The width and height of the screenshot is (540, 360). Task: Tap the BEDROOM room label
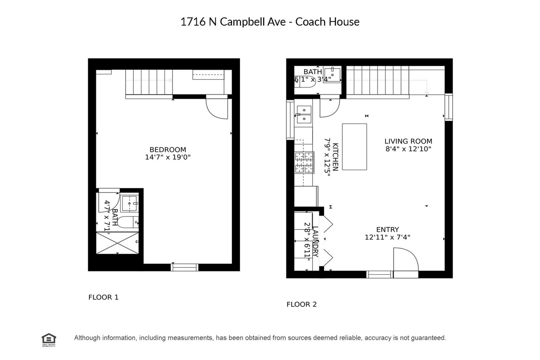click(168, 150)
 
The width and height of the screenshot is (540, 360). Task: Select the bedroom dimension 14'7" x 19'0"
click(168, 157)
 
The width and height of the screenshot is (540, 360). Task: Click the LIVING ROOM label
click(408, 141)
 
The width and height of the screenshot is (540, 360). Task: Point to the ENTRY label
click(387, 230)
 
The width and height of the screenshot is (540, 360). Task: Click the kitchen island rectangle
click(354, 146)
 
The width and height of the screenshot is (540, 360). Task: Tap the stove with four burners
click(304, 162)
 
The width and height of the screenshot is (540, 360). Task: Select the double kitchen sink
click(303, 114)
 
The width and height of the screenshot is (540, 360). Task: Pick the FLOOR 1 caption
click(103, 297)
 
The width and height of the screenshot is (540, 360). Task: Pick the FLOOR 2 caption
click(301, 304)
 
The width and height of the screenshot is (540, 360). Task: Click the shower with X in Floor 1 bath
click(118, 243)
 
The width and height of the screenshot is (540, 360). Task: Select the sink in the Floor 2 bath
click(332, 75)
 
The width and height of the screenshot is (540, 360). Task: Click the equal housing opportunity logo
click(49, 339)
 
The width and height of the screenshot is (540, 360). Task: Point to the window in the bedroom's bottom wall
click(184, 267)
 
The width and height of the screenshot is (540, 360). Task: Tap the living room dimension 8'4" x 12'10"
click(408, 149)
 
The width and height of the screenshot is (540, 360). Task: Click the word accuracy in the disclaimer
click(378, 338)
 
